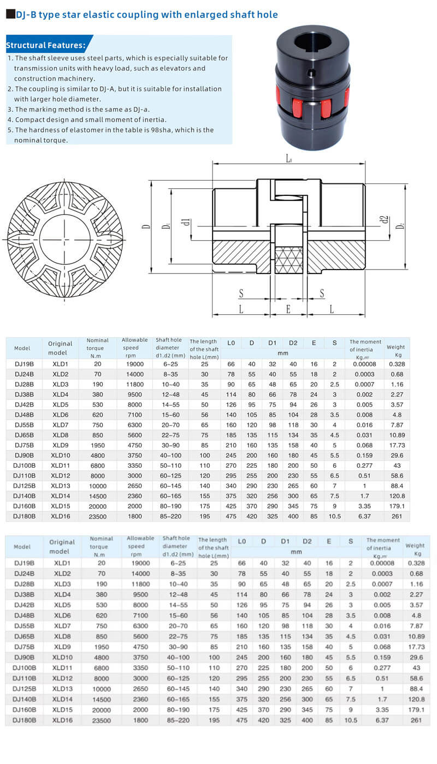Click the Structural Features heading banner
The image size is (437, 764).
pos(46,45)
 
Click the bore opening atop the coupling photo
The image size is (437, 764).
pos(310,42)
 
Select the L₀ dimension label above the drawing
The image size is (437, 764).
pos(289,158)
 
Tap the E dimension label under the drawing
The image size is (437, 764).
pos(288,309)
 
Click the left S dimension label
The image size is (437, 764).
pos(241,294)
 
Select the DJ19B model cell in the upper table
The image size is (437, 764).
pos(24,364)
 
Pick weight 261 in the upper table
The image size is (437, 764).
pos(397,516)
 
